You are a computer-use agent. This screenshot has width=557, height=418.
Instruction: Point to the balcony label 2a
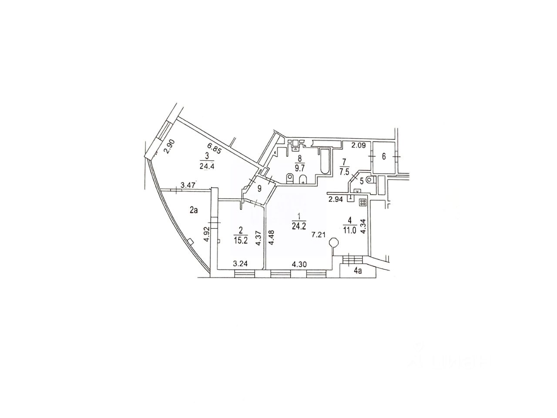(194, 210)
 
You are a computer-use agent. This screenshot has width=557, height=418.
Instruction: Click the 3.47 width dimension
(188, 185)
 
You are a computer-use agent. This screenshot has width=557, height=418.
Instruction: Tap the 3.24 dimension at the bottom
(241, 263)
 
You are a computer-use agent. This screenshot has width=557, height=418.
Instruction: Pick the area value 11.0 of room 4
(349, 231)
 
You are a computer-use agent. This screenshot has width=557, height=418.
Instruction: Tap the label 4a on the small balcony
(358, 271)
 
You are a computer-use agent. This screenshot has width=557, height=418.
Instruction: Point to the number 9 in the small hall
(259, 189)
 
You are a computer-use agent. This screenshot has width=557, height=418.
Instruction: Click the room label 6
(384, 157)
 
